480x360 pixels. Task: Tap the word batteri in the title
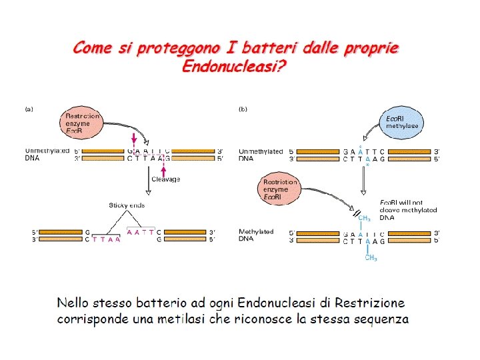(269, 49)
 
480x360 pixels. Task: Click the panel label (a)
(30, 109)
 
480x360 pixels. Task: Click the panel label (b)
(244, 109)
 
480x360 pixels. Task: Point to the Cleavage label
(165, 179)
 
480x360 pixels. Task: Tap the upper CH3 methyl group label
(364, 217)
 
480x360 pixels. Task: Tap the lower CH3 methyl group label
(370, 258)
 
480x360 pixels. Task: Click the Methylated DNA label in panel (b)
(256, 235)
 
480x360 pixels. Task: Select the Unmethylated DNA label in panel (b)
(261, 155)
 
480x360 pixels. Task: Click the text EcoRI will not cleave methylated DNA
(408, 209)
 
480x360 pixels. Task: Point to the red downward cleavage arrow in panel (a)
(134, 139)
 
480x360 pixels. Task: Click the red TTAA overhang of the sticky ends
(107, 240)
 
